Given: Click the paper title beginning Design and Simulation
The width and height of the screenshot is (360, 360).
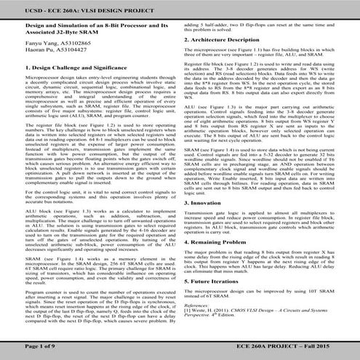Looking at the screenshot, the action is (89, 26).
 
